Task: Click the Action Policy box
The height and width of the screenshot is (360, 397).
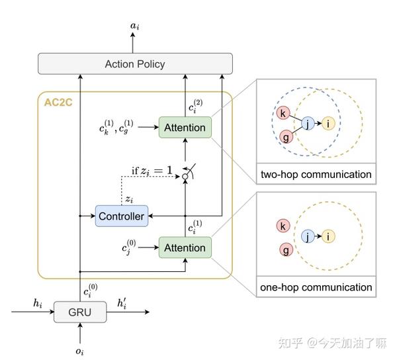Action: click(135, 64)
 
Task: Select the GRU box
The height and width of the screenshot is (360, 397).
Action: click(79, 311)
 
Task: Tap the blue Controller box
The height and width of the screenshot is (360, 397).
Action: click(120, 216)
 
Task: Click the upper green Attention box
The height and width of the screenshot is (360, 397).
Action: click(185, 127)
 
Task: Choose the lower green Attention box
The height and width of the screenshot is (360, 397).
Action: click(185, 247)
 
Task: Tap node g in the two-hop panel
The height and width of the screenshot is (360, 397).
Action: click(286, 137)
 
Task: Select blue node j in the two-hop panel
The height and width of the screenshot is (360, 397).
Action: click(307, 123)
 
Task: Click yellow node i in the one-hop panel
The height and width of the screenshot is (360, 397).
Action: click(329, 236)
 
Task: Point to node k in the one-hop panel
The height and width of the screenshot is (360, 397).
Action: click(283, 226)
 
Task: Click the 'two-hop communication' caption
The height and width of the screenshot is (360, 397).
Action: click(315, 175)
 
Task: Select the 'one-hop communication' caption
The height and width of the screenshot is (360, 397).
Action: click(315, 287)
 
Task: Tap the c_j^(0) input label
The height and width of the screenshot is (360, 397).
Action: click(128, 248)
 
